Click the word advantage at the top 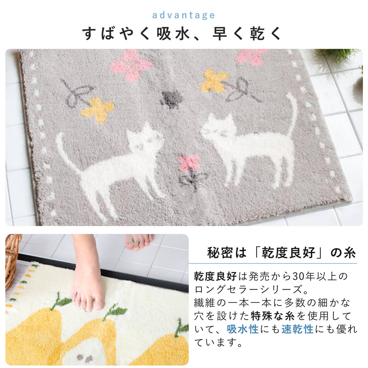click(x=183, y=15)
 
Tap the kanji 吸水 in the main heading click(x=173, y=34)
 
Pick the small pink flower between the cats click(x=189, y=162)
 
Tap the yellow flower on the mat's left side click(x=98, y=110)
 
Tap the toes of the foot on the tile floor click(x=140, y=243)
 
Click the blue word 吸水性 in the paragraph click(x=243, y=329)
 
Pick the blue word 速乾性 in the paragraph click(x=297, y=329)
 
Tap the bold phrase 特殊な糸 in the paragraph click(x=273, y=316)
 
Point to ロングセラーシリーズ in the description click(x=248, y=289)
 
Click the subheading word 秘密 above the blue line click(x=220, y=253)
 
